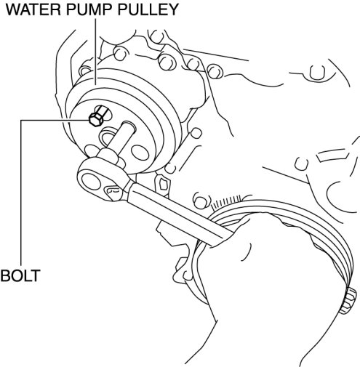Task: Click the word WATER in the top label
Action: point(31,9)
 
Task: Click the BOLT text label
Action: point(20,275)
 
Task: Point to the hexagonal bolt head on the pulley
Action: point(95,119)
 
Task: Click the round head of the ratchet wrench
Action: point(92,180)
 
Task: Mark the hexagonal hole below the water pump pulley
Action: point(164,184)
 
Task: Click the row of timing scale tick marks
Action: point(226,201)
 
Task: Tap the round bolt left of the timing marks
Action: point(200,201)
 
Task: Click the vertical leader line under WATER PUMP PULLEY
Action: point(95,52)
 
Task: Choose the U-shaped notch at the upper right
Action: point(317,72)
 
